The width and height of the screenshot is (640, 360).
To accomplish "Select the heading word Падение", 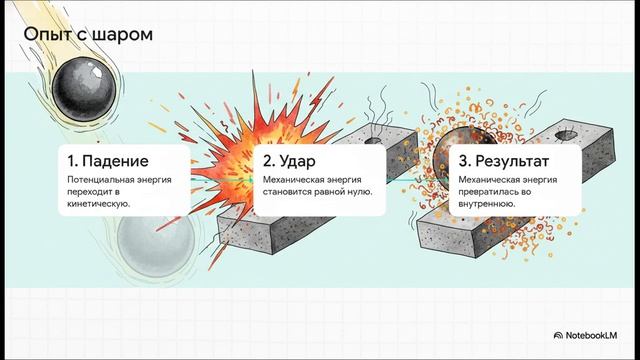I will pos(116,160).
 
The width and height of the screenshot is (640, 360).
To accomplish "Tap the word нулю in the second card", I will pos(372,192).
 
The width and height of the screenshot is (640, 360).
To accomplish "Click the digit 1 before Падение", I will pos(71,160).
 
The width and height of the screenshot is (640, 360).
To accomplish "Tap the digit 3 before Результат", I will pos(462,160).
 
